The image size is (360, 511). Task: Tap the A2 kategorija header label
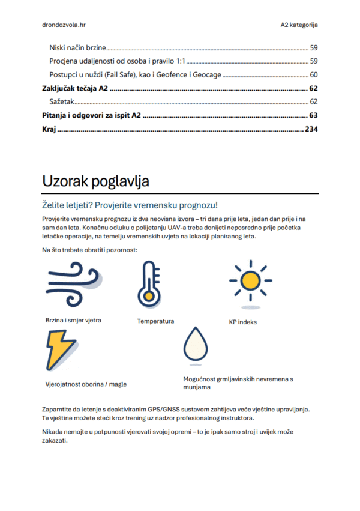click(299, 25)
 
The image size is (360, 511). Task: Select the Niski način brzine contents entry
click(77, 47)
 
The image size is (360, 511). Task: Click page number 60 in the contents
click(313, 74)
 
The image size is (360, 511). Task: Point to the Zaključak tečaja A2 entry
click(75, 88)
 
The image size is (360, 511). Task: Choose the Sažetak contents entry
click(62, 102)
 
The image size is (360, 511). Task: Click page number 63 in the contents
click(313, 115)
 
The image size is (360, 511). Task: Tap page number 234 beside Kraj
click(311, 129)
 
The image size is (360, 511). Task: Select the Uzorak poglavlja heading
click(95, 181)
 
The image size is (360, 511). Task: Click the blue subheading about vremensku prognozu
click(130, 205)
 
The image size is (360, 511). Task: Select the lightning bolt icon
click(62, 350)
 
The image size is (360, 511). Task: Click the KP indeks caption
click(242, 322)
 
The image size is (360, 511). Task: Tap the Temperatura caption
click(155, 321)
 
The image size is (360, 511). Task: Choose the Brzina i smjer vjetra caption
click(73, 320)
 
